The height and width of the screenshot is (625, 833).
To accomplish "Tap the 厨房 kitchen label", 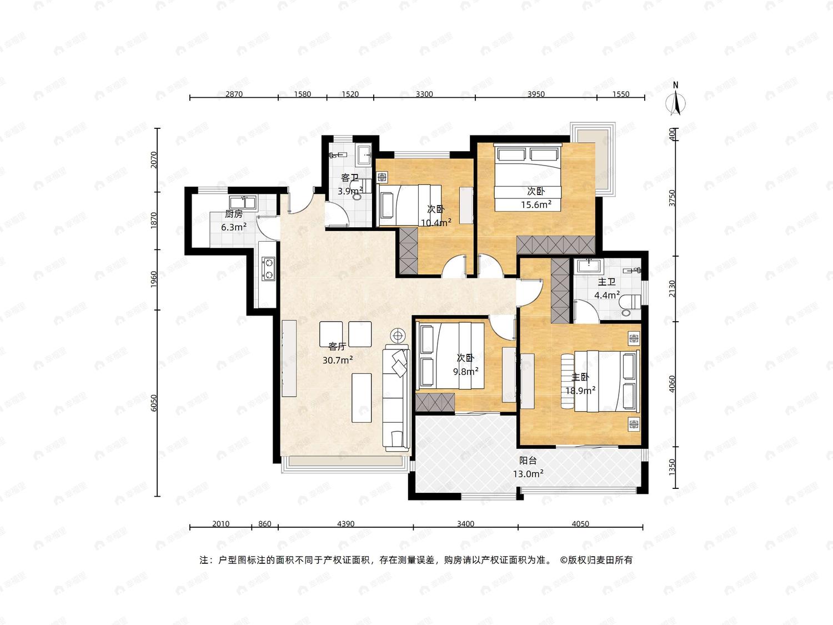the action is coord(233,214).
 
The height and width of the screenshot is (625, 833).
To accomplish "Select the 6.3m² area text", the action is coord(234,227).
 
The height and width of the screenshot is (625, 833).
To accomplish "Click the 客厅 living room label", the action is coord(337,347).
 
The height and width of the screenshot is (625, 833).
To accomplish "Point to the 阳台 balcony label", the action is coord(528,461).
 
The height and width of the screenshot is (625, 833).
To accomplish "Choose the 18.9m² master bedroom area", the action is coord(580,390).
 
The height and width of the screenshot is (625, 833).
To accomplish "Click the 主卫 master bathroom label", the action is coord(606,282).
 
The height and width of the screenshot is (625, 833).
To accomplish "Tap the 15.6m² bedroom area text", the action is coord(536,205).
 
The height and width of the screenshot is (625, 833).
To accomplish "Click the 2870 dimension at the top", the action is coord(234,94).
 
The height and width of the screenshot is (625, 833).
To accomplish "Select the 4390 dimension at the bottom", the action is coord(346,524).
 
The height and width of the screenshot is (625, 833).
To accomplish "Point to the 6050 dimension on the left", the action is coord(153,403).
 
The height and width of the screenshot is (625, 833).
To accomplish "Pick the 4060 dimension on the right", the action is coord(672,384).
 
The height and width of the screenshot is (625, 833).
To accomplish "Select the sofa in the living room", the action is coord(396,398).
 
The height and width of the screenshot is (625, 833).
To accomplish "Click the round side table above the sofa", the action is coord(398,336).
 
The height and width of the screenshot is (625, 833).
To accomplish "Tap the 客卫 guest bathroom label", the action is coord(350,178).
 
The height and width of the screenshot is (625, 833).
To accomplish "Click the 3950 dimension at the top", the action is coord(536,94).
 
